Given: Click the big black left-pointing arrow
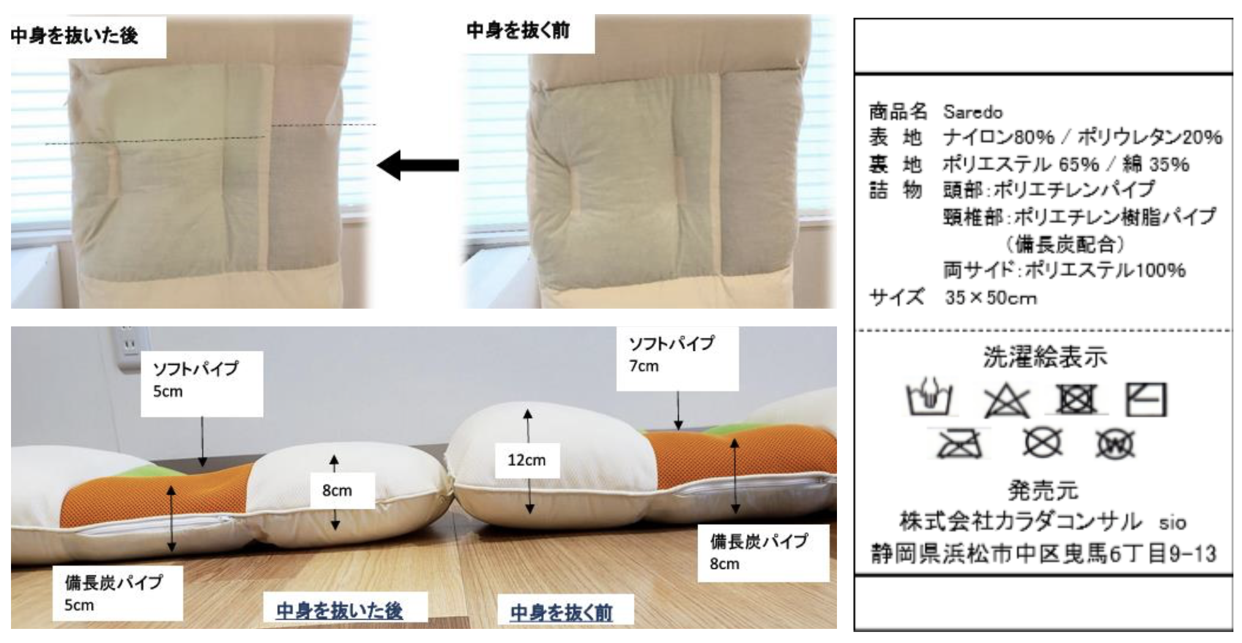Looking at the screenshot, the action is coord(418,165).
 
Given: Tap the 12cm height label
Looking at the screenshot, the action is coord(527,460).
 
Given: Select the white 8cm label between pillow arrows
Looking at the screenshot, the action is coord(337,490).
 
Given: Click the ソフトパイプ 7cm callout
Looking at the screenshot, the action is coord(677,358).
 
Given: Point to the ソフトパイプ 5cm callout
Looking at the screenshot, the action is coord(202,383).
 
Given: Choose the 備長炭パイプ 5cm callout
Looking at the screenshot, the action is coord(117,593).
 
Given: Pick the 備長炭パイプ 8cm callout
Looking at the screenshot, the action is coord(763,552).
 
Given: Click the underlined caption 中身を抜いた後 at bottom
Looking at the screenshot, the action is coord(340,611).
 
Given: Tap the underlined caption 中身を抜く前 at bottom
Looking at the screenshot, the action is coord(561,612).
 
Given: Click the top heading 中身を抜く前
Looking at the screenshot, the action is coord(518,30).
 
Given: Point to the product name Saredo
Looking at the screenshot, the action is coord(973,112).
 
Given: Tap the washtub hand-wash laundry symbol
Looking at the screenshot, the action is coord(929,397).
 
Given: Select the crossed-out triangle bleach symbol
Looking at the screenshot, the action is coord(1006,400).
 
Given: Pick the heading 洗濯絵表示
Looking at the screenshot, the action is coord(1045,357).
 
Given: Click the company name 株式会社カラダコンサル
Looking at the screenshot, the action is coord(1020,522).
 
